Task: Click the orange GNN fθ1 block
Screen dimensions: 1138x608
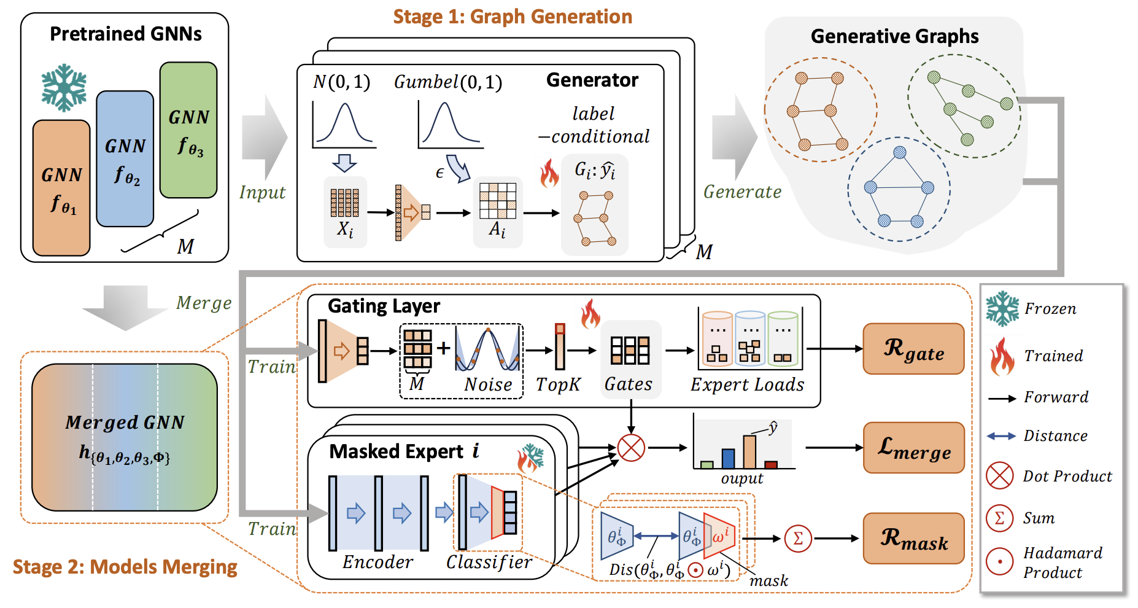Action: coord(61,188)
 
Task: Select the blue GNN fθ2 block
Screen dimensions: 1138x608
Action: coord(125,159)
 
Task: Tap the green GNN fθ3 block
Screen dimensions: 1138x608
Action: coord(188,130)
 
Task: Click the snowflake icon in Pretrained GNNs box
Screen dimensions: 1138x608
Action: coord(64,88)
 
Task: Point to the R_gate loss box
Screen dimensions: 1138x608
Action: coord(913,349)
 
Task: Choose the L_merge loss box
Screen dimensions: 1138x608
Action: coord(913,448)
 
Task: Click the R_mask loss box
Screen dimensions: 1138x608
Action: coord(913,539)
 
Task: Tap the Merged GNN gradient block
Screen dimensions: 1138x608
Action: coord(125,437)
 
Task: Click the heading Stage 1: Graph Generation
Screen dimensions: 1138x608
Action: coord(513,17)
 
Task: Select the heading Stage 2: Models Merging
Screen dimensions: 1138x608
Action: coord(125,567)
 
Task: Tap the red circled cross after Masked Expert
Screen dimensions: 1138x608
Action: coord(631,448)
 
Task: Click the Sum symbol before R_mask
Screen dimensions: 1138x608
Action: coord(798,539)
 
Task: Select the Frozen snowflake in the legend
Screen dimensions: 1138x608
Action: coord(1002,308)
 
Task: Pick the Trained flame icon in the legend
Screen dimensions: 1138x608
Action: coord(1002,356)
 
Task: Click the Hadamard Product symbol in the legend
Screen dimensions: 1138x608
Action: coord(999,561)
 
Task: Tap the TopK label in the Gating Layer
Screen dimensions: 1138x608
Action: coord(558,384)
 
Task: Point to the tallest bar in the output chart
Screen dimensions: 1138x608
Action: coord(749,452)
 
